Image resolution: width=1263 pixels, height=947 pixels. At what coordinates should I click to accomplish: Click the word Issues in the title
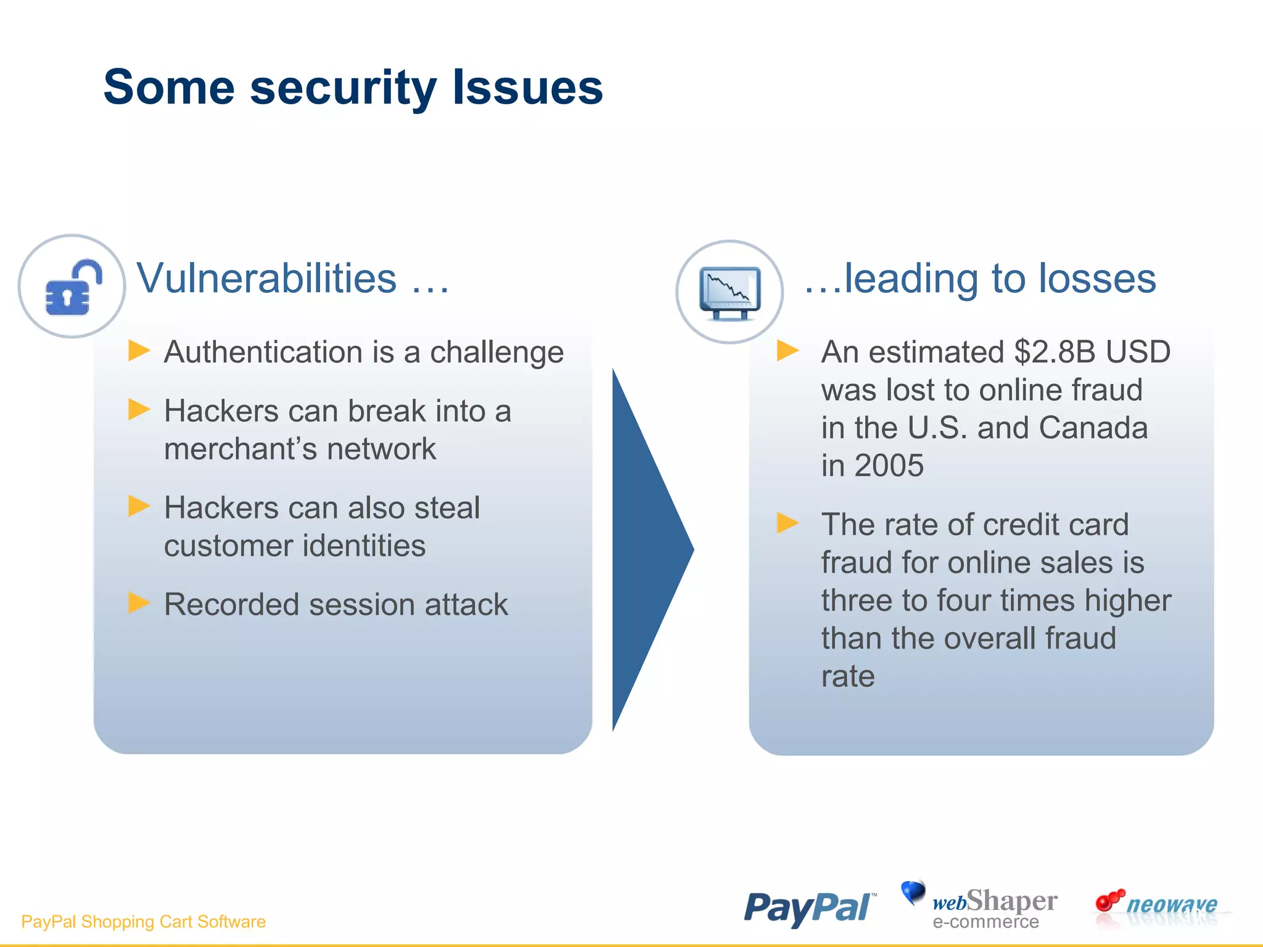pyautogui.click(x=527, y=88)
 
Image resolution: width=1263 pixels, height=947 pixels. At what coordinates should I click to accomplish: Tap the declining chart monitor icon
pyautogui.click(x=730, y=292)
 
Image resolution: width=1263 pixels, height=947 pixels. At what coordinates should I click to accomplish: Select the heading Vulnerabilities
pyautogui.click(x=267, y=278)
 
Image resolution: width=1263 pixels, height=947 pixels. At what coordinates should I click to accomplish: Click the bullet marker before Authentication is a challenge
pyautogui.click(x=139, y=350)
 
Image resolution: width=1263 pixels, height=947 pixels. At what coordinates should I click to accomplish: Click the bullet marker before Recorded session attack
pyautogui.click(x=139, y=602)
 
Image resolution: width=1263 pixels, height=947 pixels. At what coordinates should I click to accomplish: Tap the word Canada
pyautogui.click(x=1093, y=428)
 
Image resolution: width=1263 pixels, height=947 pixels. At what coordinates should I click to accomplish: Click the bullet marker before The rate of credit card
pyautogui.click(x=788, y=523)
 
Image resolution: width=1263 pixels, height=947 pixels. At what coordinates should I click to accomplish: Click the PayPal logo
pyautogui.click(x=809, y=908)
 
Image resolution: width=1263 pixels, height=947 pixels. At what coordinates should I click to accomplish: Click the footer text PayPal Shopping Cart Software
pyautogui.click(x=143, y=921)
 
